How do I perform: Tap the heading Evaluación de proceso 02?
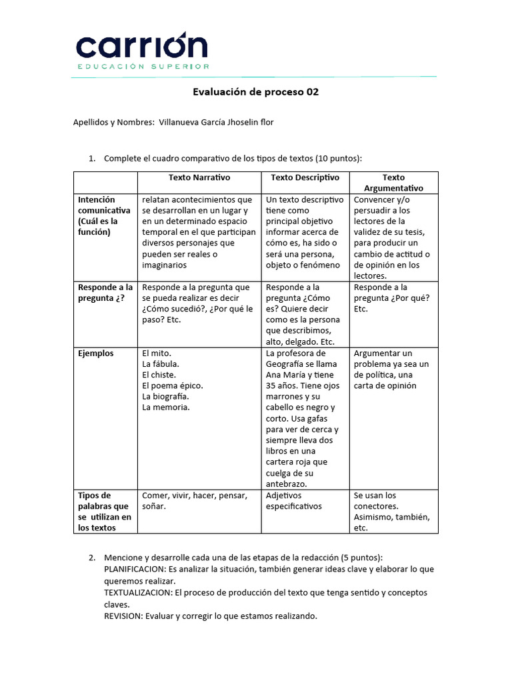255,92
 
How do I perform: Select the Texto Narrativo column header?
199,177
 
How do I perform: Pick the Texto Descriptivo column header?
305,177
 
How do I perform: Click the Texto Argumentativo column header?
393,183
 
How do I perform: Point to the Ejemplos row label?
96,354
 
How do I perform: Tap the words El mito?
157,354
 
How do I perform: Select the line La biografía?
165,396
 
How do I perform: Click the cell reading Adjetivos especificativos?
293,501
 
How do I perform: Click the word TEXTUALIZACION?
136,592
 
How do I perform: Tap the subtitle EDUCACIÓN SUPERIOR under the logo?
143,67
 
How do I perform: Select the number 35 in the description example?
271,386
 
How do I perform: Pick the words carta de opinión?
385,386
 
